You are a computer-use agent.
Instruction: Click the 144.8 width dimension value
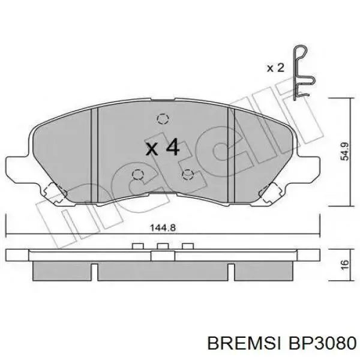coord(163,228)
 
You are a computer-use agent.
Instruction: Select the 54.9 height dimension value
coord(344,151)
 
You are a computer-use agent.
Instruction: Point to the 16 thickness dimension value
coord(345,265)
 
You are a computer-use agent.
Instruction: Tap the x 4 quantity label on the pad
coord(163,147)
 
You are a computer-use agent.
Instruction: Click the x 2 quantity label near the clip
coord(275,68)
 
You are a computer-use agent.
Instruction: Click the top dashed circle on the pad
coord(163,119)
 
